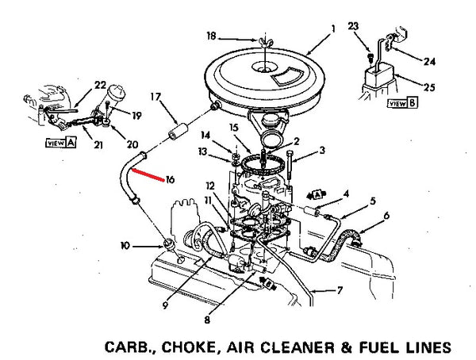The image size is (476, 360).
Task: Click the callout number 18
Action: (211, 36)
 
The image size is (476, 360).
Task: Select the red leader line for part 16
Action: (148, 175)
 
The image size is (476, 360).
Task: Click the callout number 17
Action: (155, 97)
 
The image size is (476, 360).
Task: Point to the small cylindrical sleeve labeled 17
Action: (178, 132)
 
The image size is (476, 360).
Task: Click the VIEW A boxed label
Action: (60, 143)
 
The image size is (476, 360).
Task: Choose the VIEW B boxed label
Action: (402, 103)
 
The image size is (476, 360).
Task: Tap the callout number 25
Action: (429, 87)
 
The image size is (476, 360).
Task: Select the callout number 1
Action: (333, 29)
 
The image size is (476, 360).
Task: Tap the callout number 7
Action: (340, 290)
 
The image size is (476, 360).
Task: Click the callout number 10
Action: (125, 245)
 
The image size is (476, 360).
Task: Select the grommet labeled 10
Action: (168, 243)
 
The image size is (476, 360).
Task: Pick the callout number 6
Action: (386, 216)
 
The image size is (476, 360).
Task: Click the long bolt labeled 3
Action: (289, 165)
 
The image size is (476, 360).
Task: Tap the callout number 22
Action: (100, 85)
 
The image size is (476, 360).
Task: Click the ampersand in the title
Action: (346, 347)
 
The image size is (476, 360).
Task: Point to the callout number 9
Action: (165, 305)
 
